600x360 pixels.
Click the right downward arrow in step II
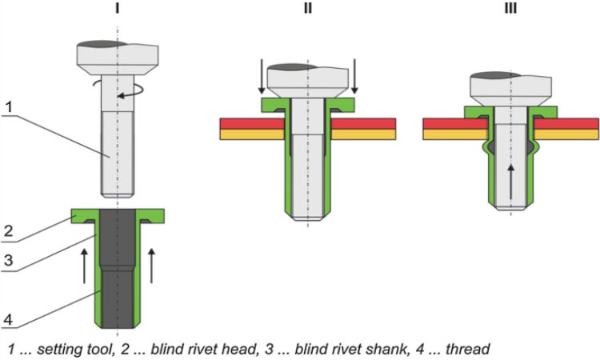click(x=354, y=76)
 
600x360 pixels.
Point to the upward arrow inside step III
click(x=510, y=182)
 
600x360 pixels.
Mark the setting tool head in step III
click(x=510, y=86)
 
